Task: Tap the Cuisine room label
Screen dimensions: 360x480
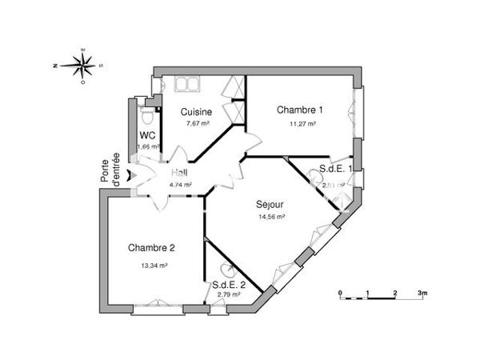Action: [x=196, y=111]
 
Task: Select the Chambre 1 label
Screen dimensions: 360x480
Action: [x=300, y=110]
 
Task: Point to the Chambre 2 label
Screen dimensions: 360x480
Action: [x=151, y=247]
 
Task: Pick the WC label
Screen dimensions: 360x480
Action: [x=147, y=136]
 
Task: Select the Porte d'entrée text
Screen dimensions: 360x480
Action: [x=110, y=170]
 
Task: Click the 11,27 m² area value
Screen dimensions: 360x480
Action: [x=302, y=124]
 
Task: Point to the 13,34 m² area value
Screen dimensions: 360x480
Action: [x=153, y=265]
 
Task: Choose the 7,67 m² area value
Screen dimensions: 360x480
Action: [x=197, y=124]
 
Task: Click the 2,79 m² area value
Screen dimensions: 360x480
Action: [x=230, y=295]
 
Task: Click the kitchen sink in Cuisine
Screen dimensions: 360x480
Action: [x=186, y=84]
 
